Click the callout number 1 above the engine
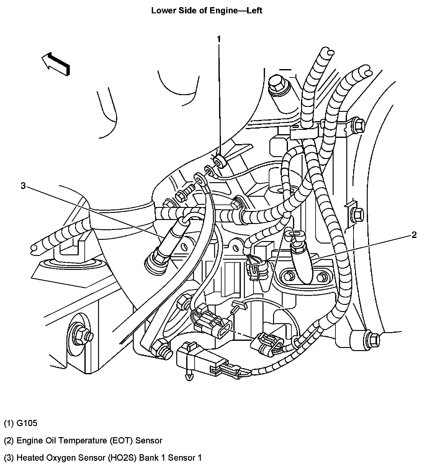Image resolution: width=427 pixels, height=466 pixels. [219, 39]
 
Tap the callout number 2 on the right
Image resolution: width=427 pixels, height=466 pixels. [414, 235]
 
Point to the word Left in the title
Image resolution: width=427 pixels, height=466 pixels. [254, 11]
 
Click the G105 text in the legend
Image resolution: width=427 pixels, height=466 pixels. [27, 423]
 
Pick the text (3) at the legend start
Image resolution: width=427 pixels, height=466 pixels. [9, 457]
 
